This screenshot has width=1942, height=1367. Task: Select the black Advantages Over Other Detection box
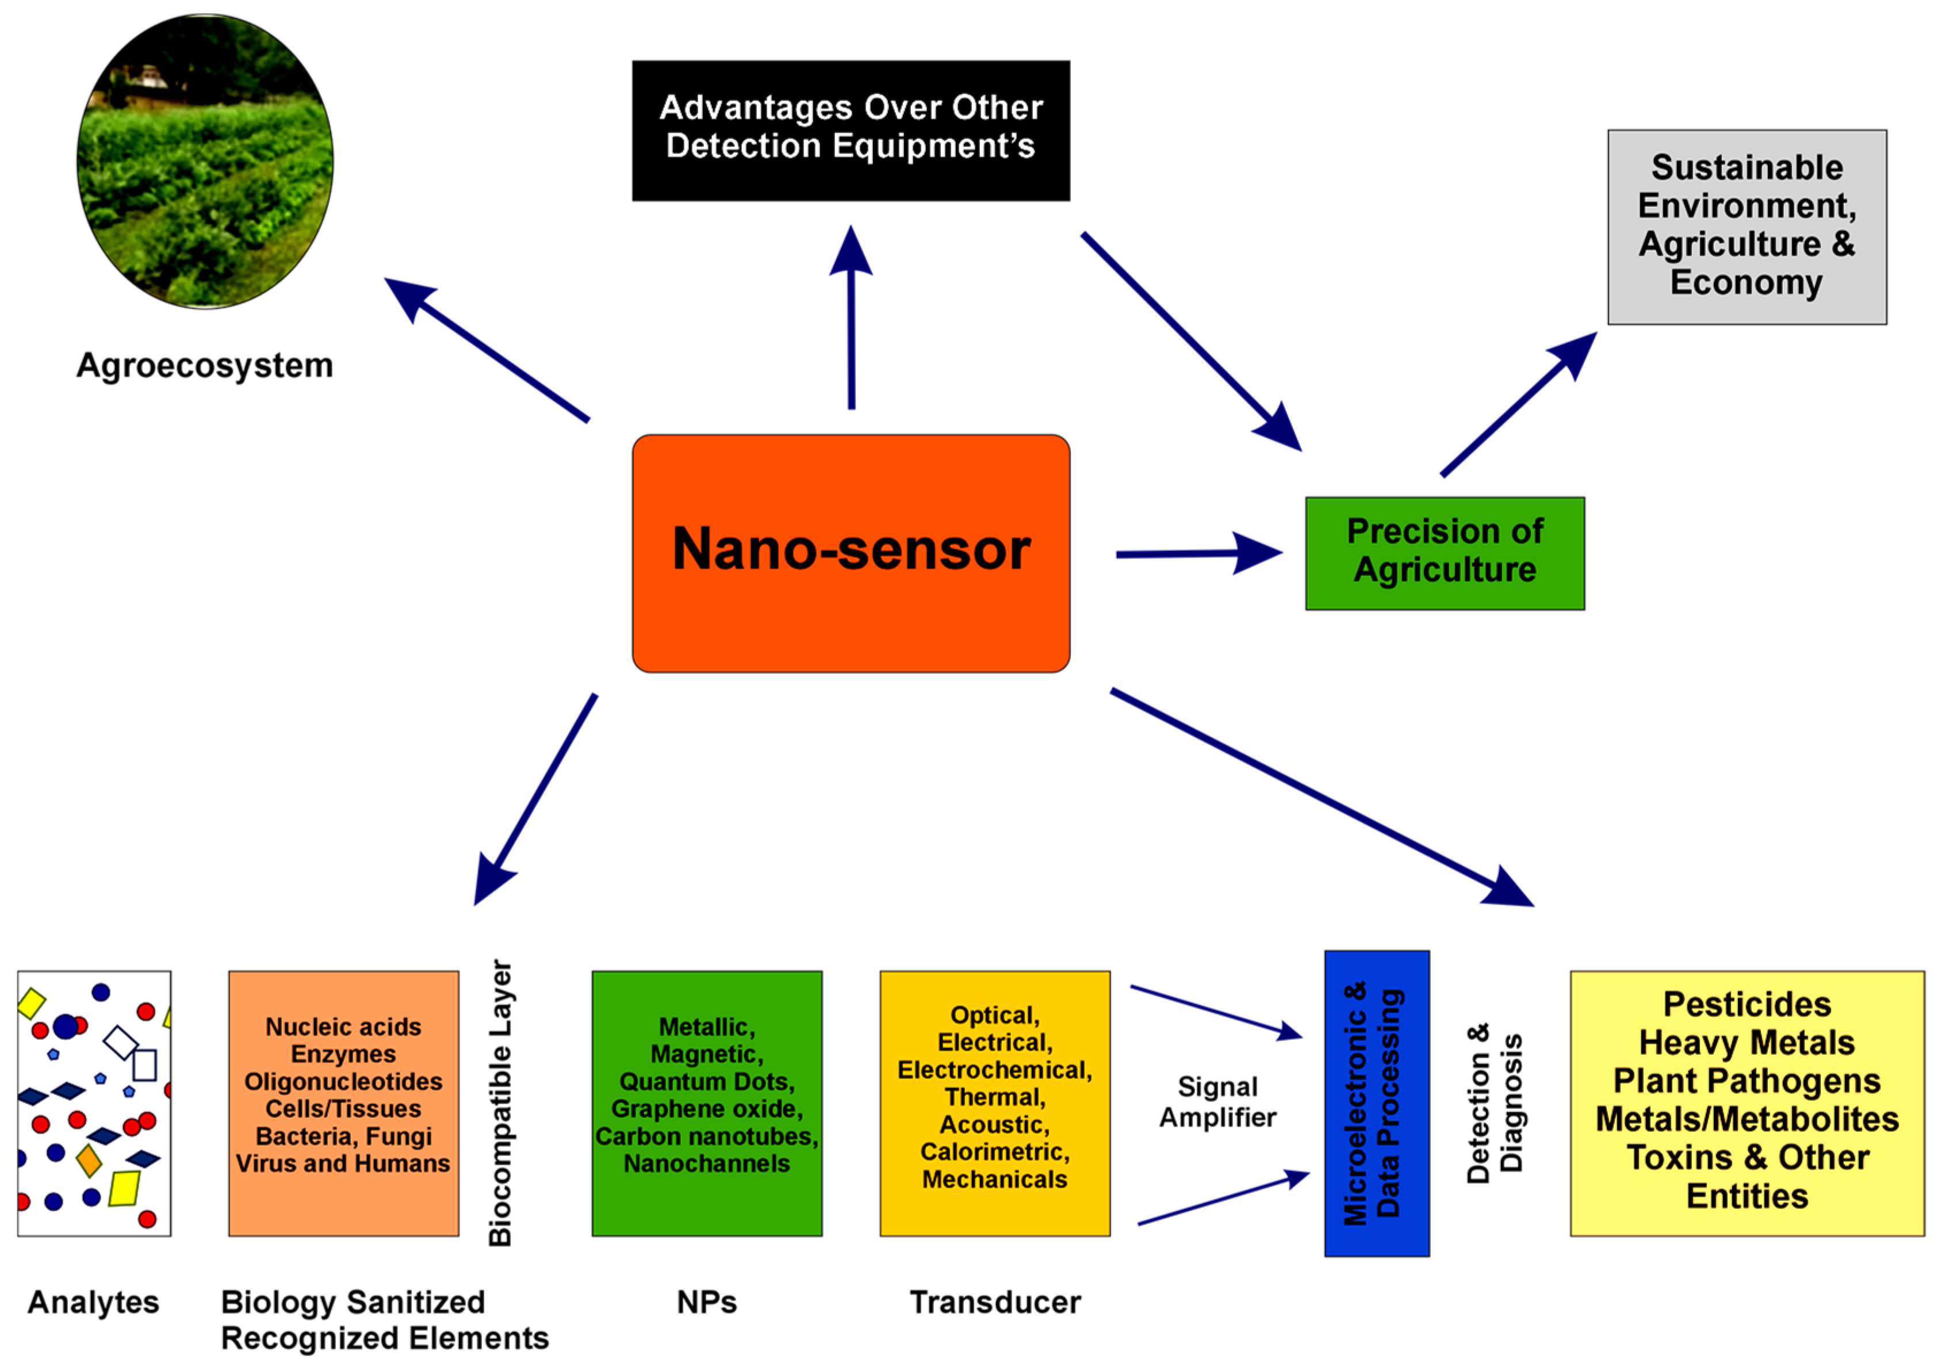click(x=851, y=131)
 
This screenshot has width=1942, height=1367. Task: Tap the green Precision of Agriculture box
click(x=1445, y=553)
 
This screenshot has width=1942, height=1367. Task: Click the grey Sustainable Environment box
click(x=1746, y=227)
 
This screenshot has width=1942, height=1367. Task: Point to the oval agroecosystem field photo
click(x=205, y=160)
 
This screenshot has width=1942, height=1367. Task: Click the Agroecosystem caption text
click(x=205, y=365)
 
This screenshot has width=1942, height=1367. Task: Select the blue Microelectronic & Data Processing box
click(x=1376, y=1103)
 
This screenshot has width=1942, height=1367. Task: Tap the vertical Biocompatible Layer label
click(x=501, y=1103)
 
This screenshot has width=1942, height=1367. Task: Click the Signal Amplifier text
click(x=1217, y=1101)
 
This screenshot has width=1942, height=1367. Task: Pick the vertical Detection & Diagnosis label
click(x=1495, y=1103)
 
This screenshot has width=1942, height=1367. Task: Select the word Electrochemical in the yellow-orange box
click(x=995, y=1070)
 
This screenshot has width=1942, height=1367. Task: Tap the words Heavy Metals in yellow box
click(x=1746, y=1042)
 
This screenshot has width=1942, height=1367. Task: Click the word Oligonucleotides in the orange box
click(x=343, y=1081)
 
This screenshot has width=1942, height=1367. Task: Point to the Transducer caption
click(x=995, y=1302)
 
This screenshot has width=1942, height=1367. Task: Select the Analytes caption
click(x=93, y=1302)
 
